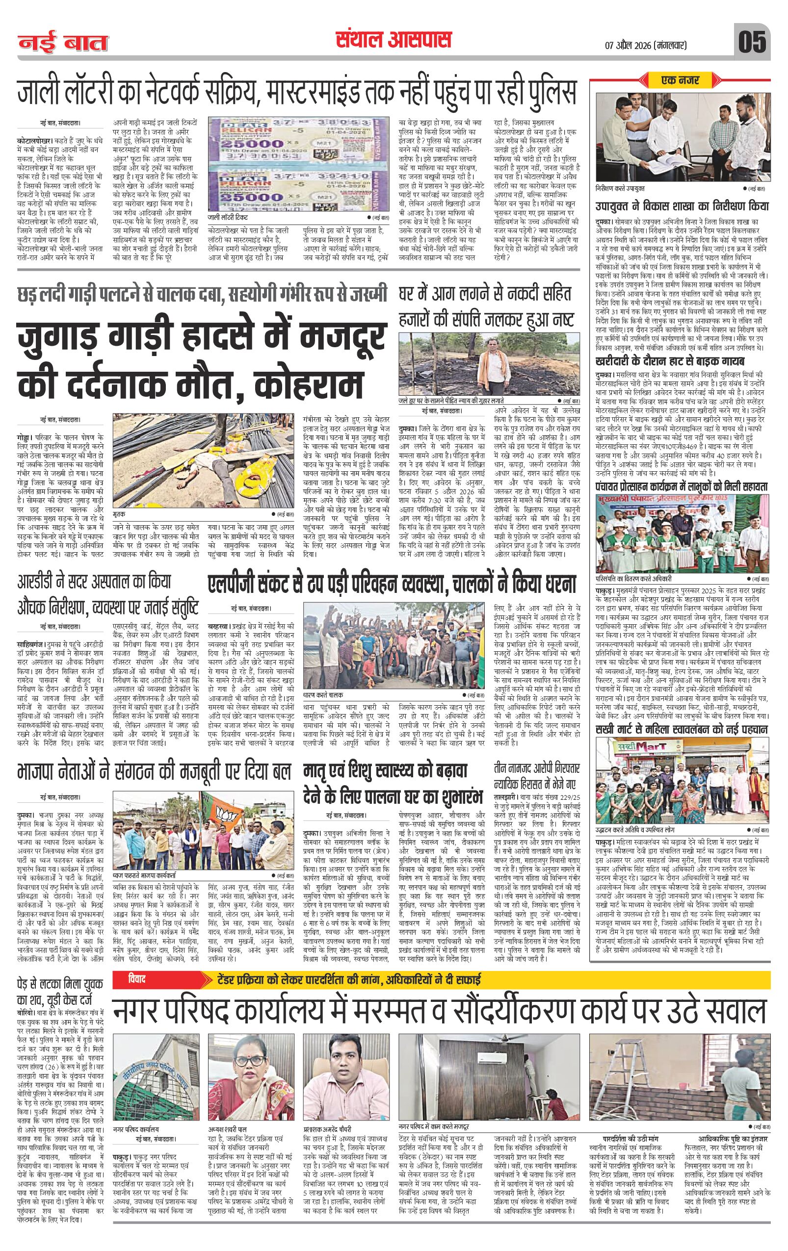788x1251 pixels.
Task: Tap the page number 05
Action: click(x=752, y=42)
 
